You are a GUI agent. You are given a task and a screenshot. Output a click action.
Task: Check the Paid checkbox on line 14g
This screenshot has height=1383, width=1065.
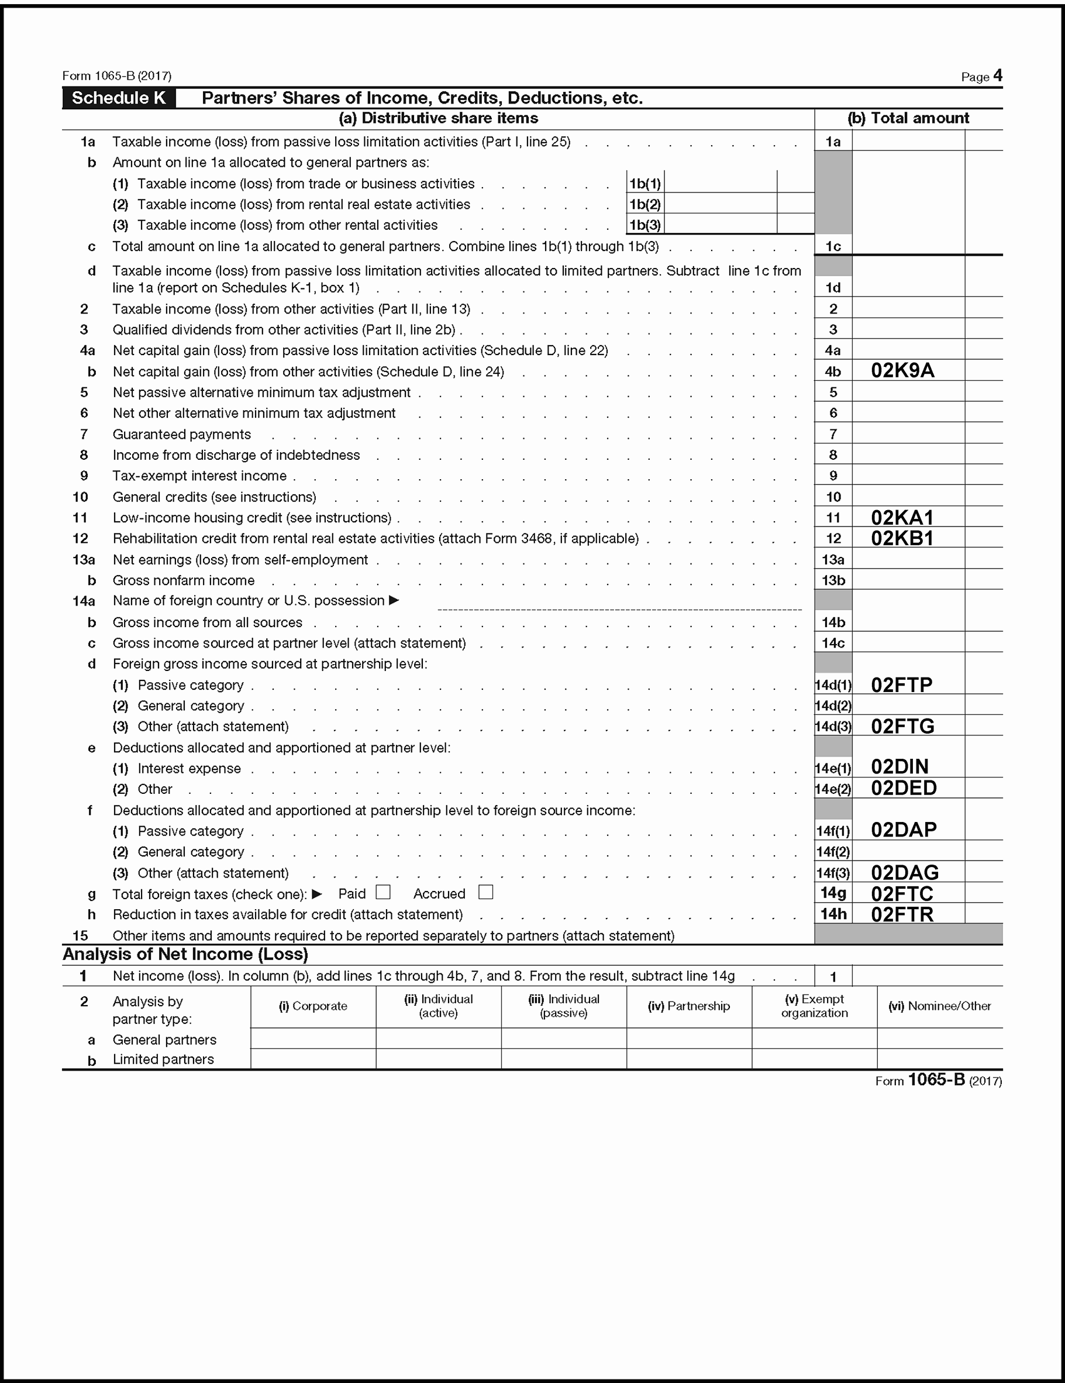[383, 892]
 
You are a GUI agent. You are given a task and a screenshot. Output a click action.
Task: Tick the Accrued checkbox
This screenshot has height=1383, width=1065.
[485, 892]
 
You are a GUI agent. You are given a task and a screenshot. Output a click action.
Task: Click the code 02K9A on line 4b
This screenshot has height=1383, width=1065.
[902, 370]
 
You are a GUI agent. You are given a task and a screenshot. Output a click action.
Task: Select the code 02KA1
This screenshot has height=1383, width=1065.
[902, 517]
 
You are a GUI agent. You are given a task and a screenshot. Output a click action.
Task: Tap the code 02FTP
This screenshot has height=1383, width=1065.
[902, 684]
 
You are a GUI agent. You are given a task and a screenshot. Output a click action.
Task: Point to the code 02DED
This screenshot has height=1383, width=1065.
[904, 788]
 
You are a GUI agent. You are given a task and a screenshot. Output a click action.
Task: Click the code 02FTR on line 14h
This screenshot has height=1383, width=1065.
[902, 914]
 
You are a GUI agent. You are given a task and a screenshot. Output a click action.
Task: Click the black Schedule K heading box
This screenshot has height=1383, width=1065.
[119, 98]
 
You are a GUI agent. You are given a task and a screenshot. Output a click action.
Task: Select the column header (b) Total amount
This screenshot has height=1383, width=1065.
[908, 118]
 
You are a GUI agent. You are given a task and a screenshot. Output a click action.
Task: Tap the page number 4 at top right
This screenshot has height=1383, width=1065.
[998, 76]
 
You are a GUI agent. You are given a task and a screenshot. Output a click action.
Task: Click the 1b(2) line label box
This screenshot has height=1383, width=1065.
[645, 204]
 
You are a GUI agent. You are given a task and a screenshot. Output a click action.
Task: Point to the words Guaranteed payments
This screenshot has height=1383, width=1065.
[182, 435]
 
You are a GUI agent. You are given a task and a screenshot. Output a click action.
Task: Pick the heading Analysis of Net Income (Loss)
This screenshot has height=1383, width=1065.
[185, 954]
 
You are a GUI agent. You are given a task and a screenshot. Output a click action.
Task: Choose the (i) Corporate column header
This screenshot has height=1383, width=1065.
[313, 1006]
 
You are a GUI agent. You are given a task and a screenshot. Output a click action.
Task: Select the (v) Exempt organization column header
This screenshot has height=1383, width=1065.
[814, 1006]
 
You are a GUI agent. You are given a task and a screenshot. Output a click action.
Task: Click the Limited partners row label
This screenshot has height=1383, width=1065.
[163, 1059]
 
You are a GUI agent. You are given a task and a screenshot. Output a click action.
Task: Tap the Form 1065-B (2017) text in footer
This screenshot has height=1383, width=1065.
[938, 1081]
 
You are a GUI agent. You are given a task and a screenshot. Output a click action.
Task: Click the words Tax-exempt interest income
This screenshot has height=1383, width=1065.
[199, 476]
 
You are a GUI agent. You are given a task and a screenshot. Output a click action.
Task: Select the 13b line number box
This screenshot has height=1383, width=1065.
[833, 580]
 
